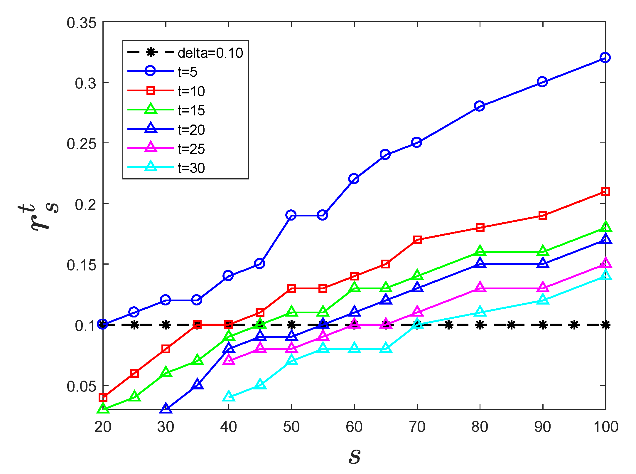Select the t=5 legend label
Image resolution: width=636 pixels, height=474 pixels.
(187, 72)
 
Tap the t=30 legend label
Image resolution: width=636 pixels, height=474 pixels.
(191, 168)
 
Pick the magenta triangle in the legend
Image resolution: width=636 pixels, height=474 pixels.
(151, 147)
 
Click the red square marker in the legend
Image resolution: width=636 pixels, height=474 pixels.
(151, 90)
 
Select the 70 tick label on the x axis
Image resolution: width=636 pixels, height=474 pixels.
(417, 427)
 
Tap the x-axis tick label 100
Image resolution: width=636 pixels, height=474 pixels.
(605, 427)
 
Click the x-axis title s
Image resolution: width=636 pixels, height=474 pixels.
(355, 456)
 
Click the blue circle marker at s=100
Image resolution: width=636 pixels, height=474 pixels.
(605, 58)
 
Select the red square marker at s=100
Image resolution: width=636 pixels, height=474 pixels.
(605, 191)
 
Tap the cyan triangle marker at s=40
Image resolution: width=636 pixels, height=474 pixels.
(229, 397)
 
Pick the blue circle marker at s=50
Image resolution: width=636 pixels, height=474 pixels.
(291, 215)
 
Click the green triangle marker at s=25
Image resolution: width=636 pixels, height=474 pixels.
(134, 396)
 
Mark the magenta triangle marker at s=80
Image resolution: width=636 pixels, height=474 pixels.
(480, 287)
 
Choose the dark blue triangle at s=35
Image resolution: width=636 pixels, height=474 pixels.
(198, 385)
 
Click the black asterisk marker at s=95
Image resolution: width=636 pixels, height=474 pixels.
(574, 325)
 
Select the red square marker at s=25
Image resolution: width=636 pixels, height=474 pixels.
(134, 373)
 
